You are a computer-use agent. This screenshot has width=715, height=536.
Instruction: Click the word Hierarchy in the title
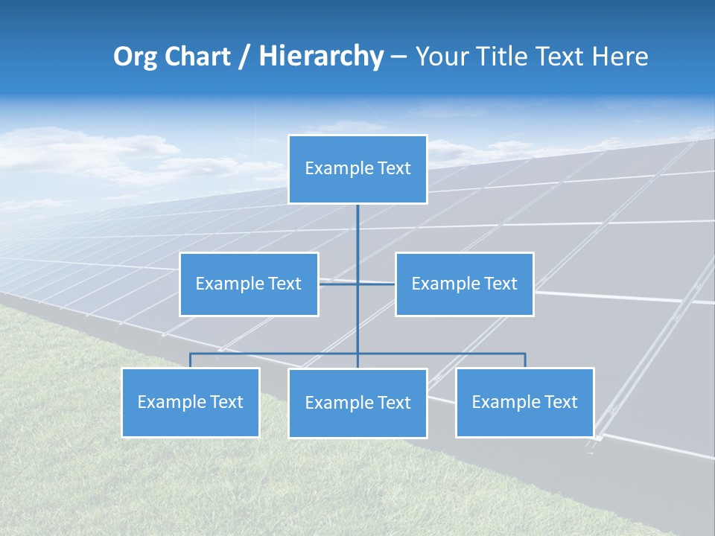tap(321, 57)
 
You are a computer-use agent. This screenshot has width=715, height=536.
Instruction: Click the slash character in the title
tap(244, 57)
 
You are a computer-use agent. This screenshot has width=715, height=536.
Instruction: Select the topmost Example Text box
tap(357, 169)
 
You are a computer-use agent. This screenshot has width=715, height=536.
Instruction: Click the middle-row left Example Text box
tap(249, 284)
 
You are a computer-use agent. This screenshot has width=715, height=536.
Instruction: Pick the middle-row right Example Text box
tap(464, 284)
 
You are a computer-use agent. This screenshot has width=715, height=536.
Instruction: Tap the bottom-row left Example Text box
tap(191, 402)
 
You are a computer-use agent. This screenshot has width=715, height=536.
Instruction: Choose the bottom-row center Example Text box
tap(357, 403)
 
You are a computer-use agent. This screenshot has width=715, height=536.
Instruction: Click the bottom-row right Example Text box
tap(524, 402)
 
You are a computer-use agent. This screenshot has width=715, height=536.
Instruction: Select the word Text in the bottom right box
tap(559, 402)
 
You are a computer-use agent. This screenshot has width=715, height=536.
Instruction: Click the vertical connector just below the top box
tap(357, 223)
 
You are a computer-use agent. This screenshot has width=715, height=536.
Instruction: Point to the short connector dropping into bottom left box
tap(191, 360)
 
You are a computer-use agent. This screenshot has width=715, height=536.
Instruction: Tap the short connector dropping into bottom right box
tap(525, 360)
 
